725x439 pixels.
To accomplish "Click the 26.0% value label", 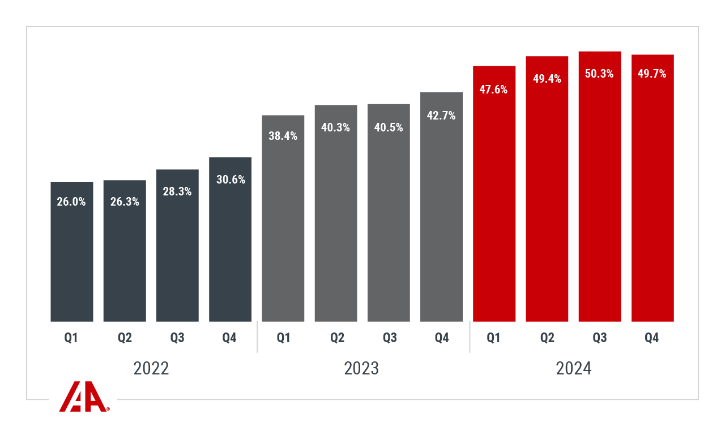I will pyautogui.click(x=71, y=202).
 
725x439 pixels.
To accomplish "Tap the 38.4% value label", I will pyautogui.click(x=283, y=136).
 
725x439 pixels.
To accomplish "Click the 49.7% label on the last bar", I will pyautogui.click(x=652, y=74).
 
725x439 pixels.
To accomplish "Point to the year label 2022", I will pyautogui.click(x=151, y=369).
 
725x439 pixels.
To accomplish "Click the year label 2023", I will pyautogui.click(x=362, y=369).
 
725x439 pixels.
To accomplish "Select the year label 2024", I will pyautogui.click(x=573, y=369).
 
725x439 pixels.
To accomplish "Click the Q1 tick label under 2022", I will pyautogui.click(x=71, y=338).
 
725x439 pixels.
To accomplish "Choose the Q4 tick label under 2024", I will pyautogui.click(x=652, y=338).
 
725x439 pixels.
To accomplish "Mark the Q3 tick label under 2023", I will pyautogui.click(x=389, y=338).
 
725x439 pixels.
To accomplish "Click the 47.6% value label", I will pyautogui.click(x=494, y=89).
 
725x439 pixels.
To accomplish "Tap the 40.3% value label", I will pyautogui.click(x=336, y=127).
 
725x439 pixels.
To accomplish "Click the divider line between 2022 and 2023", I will pyautogui.click(x=257, y=337).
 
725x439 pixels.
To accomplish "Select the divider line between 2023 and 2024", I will pyautogui.click(x=470, y=337).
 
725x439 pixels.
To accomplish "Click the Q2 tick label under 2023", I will pyautogui.click(x=337, y=338).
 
